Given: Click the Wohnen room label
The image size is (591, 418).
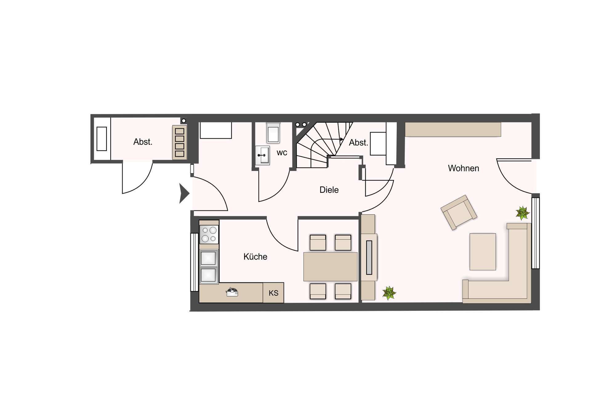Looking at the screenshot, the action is (463, 168).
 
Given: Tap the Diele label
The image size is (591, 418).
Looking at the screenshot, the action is (329, 190).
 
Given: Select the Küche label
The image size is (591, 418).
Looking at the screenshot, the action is (255, 257).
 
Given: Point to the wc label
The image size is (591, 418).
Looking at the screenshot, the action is (282, 152).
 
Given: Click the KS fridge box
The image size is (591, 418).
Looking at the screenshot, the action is (273, 293).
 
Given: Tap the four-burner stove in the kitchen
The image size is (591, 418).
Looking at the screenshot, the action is (209, 234).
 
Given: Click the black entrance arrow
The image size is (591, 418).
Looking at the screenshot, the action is (184, 193).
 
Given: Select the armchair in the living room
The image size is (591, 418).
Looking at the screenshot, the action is (459, 212).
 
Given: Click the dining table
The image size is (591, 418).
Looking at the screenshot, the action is (330, 266).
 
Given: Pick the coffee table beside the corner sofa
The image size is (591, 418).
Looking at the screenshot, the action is (483, 252).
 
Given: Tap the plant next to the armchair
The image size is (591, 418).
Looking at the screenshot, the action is (522, 213).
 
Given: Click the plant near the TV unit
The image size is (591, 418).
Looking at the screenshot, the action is (389, 293).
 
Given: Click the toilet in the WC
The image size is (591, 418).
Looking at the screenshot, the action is (273, 132).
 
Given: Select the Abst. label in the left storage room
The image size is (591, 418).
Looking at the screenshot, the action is (143, 142).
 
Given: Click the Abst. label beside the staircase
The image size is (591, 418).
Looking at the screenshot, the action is (358, 143).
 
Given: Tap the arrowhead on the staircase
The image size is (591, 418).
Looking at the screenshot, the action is (341, 139).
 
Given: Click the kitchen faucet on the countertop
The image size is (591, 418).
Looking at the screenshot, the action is (232, 292).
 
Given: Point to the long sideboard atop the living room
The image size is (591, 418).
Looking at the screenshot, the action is (453, 129).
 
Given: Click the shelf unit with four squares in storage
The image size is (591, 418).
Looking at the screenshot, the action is (179, 142).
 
